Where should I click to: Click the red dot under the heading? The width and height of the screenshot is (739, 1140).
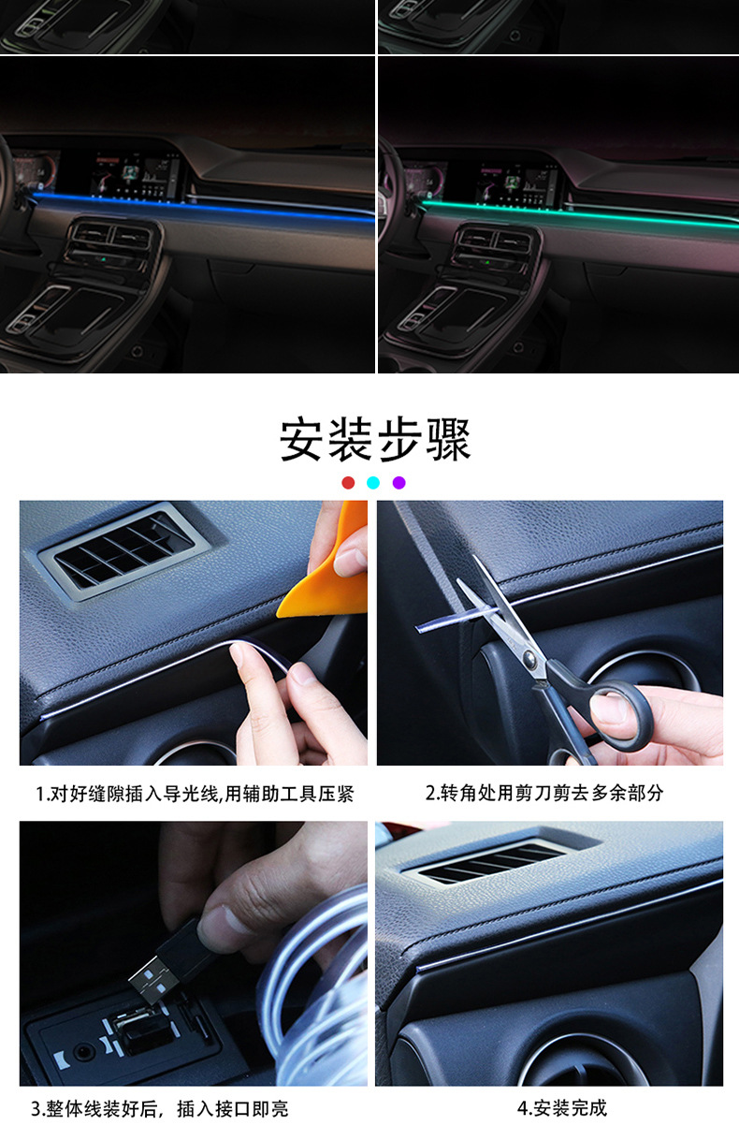point(348,482)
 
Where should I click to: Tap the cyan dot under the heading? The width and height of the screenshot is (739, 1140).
point(373,482)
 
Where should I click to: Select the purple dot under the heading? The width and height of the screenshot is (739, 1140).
point(399,482)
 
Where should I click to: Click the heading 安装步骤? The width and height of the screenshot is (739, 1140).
point(375,439)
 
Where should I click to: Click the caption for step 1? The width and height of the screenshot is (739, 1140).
point(195,794)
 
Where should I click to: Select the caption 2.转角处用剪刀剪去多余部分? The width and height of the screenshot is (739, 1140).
point(544,793)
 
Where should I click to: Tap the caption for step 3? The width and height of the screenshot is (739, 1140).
point(160,1108)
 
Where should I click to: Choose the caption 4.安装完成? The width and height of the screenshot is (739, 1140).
point(562,1107)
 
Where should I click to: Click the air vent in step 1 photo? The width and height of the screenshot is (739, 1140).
point(124,549)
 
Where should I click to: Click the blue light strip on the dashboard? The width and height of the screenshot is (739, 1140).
point(203,207)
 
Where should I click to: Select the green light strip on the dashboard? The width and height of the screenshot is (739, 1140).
point(580,213)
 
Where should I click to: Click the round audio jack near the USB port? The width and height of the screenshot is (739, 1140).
point(81,1050)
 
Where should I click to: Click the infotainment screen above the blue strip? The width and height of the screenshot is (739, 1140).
point(138,176)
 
